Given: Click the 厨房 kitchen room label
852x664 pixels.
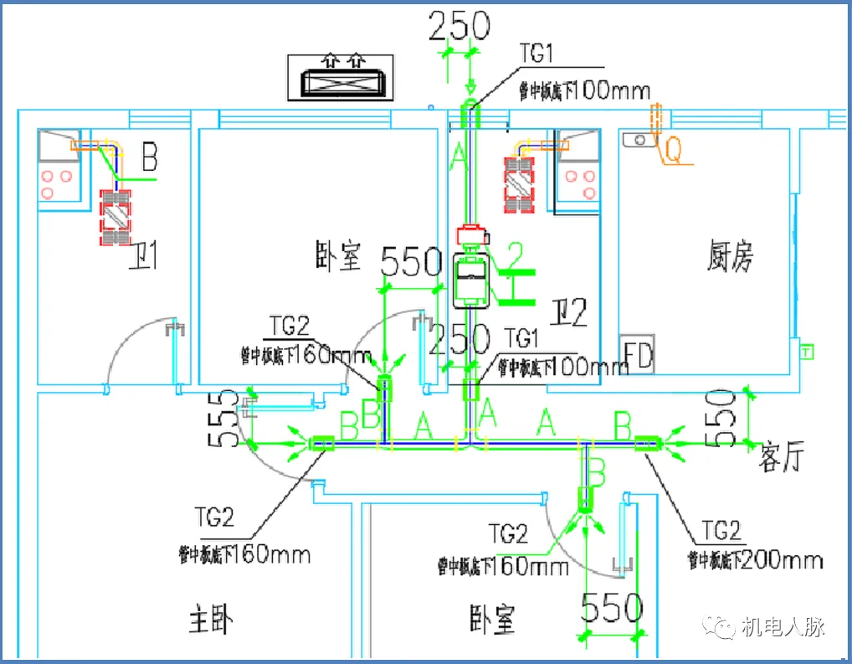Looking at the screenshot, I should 718,256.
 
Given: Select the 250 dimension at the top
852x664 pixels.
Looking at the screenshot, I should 459,27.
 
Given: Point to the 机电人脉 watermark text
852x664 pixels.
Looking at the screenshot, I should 783,626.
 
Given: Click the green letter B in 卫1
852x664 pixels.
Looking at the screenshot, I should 149,157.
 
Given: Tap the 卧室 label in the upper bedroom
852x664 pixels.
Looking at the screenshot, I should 339,255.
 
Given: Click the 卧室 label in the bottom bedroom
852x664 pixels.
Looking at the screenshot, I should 492,620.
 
